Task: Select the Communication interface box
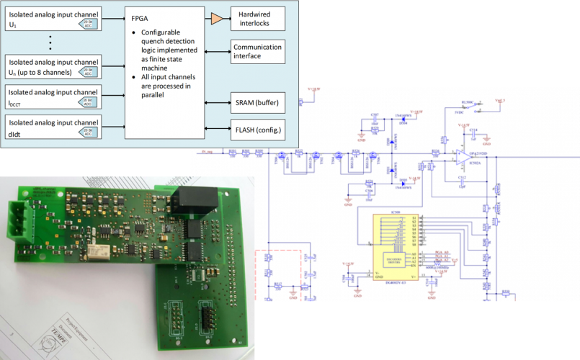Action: (x=258, y=51)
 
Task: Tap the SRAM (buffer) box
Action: (x=258, y=104)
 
